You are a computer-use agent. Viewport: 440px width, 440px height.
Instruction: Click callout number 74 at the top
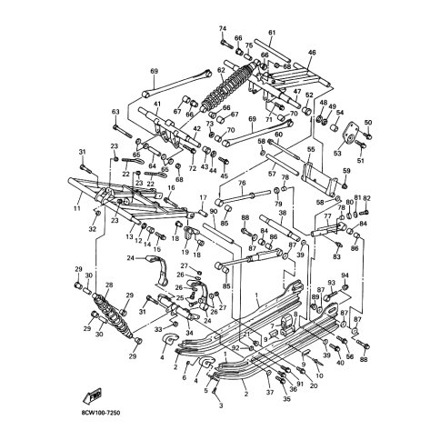click(221, 29)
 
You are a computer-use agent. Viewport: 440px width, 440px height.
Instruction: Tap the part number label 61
click(272, 34)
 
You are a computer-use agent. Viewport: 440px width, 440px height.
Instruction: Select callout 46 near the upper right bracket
click(312, 54)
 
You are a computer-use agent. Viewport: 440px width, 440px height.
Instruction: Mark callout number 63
click(115, 112)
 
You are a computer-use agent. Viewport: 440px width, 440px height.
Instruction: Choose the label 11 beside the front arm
click(78, 208)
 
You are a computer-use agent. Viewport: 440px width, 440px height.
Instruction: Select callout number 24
click(131, 258)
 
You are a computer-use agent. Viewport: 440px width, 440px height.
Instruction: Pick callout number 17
click(203, 198)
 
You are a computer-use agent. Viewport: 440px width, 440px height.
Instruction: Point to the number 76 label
click(242, 183)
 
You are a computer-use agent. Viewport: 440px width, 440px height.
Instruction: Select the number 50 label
click(368, 122)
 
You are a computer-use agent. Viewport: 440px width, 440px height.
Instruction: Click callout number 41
click(156, 105)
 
